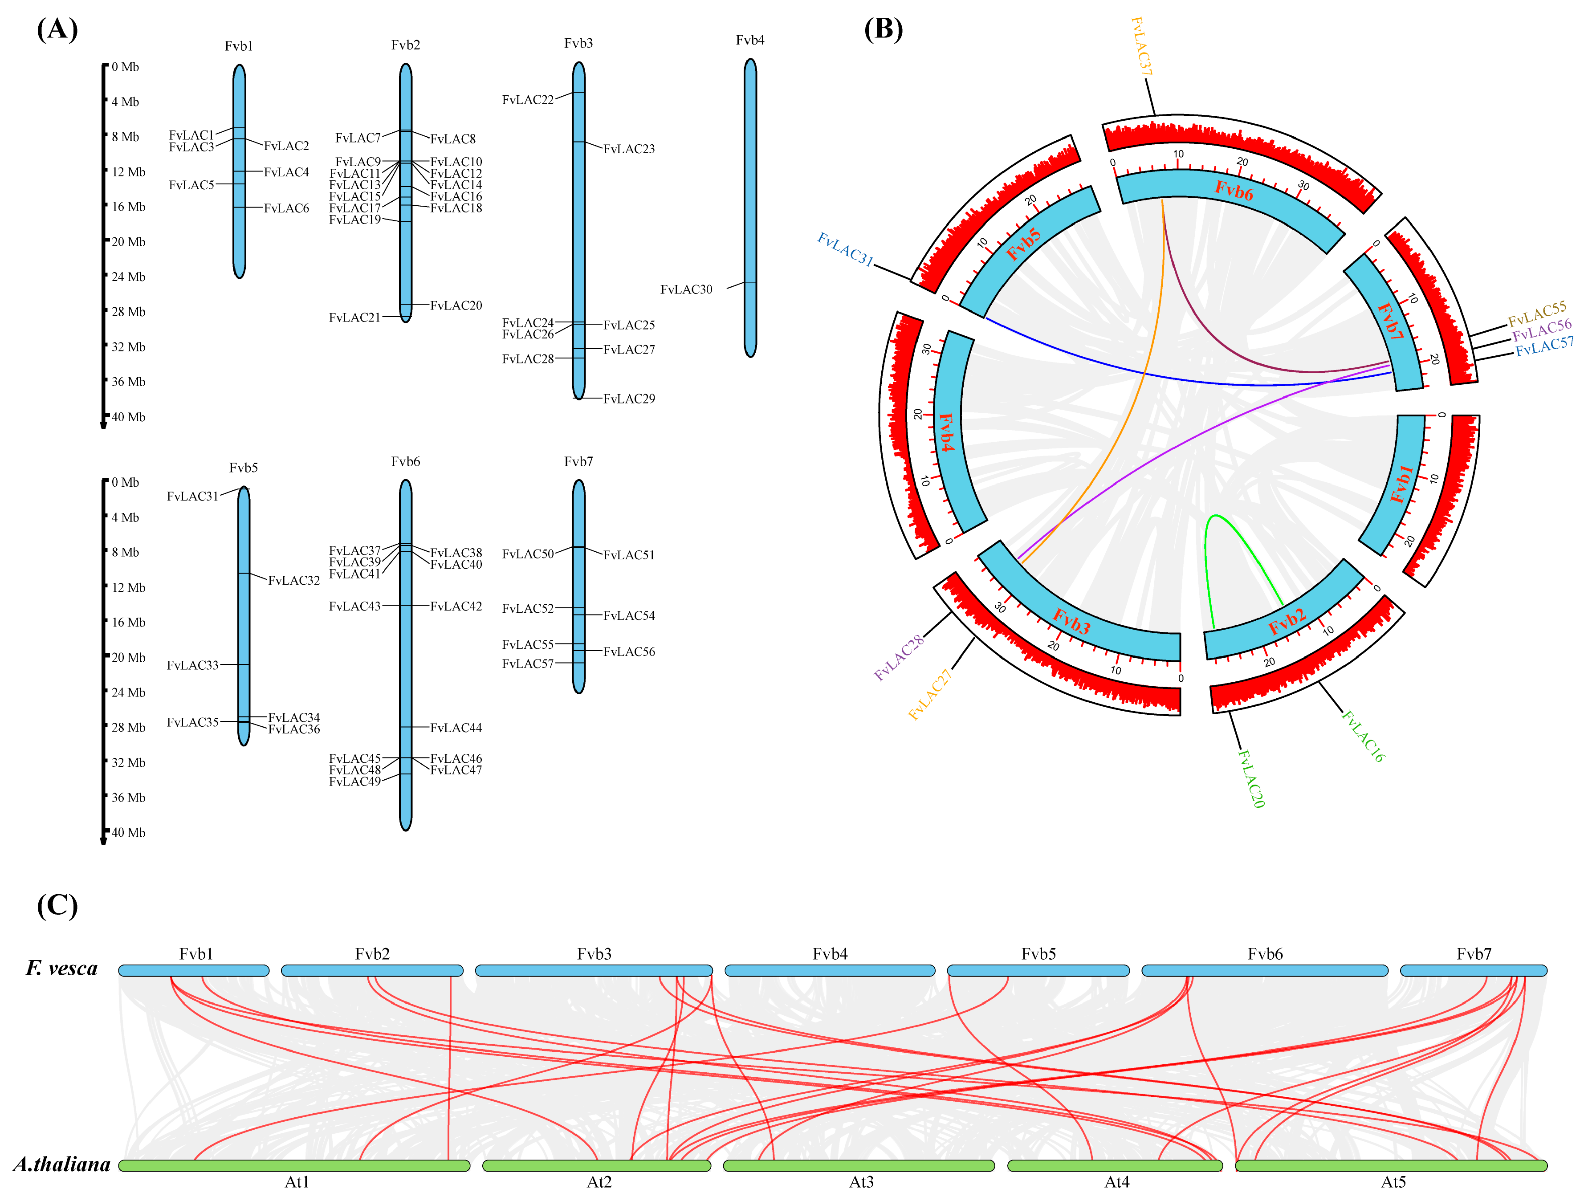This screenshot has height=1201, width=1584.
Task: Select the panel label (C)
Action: click(57, 905)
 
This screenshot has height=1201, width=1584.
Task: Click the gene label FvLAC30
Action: click(686, 289)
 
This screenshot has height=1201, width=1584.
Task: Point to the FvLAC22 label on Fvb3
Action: click(528, 100)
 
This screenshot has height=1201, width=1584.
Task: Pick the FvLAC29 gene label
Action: click(629, 399)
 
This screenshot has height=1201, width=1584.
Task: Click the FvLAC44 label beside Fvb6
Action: click(456, 728)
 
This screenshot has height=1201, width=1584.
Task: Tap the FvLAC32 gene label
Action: click(293, 580)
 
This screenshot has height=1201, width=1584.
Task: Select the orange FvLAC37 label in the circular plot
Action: click(1141, 47)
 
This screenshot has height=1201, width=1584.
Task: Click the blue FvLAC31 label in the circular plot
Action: click(845, 249)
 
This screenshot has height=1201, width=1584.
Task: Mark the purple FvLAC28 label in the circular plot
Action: click(900, 657)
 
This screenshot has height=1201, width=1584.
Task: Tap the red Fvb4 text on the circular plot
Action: click(947, 432)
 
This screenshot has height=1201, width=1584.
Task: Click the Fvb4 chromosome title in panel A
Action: click(750, 40)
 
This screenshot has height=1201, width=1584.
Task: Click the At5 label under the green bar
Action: click(1393, 1182)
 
